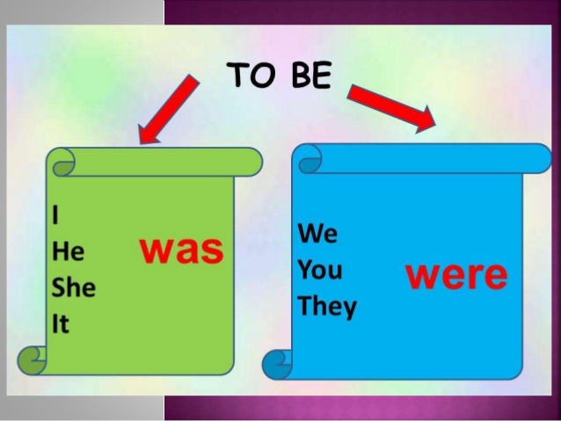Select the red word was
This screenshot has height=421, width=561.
(182, 250)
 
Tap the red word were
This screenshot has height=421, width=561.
(455, 275)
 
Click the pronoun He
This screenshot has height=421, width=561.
(69, 252)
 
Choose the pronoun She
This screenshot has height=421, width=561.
(74, 287)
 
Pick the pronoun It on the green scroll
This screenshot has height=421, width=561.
(61, 323)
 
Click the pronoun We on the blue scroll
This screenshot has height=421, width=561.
(317, 234)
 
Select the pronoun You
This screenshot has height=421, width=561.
(320, 270)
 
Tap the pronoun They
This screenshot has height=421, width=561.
(327, 307)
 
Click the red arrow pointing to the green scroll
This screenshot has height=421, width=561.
(170, 109)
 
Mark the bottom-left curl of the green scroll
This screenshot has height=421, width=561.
(33, 359)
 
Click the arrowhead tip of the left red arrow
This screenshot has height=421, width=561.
(142, 142)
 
